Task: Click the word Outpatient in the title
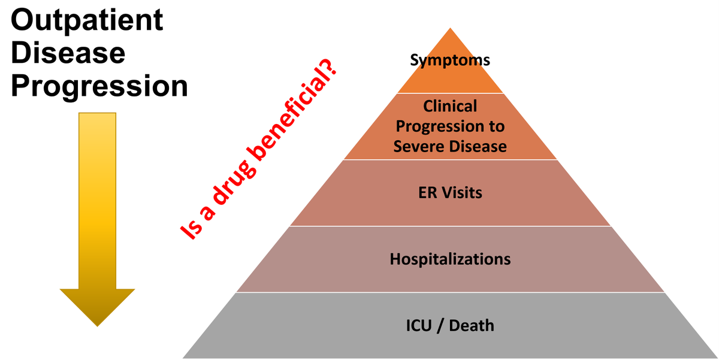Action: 87,21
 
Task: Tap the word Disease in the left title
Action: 68,54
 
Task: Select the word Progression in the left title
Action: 99,87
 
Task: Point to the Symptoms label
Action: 450,60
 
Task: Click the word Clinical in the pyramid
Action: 450,106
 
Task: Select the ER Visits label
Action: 450,193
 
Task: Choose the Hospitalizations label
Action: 450,259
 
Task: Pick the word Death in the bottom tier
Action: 472,326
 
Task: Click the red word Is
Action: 191,231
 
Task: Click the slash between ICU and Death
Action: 441,326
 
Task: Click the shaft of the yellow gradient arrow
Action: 97,198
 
